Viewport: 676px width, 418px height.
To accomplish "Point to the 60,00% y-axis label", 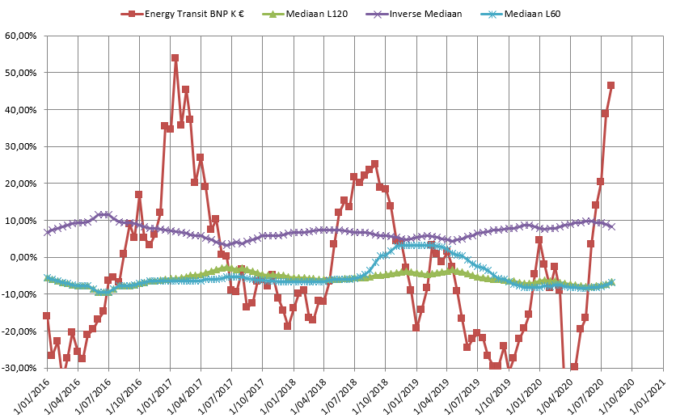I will [x=21, y=36].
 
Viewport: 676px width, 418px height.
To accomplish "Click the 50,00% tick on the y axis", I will [x=21, y=73].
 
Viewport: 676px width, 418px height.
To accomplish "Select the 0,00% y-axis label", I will [x=23, y=257].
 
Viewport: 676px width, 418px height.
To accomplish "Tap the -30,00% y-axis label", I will [x=19, y=368].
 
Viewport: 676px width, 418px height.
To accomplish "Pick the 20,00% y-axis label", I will [x=21, y=184].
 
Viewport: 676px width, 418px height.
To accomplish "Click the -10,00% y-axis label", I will [x=19, y=294].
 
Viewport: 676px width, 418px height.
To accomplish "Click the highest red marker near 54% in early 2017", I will [x=175, y=58].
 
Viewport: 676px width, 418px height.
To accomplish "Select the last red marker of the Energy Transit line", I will [x=611, y=85].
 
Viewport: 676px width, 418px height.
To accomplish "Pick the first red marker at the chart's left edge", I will [x=46, y=315].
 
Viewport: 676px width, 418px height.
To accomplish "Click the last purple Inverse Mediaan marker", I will [x=611, y=226].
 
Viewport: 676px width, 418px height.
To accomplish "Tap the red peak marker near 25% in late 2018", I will [x=374, y=164].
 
